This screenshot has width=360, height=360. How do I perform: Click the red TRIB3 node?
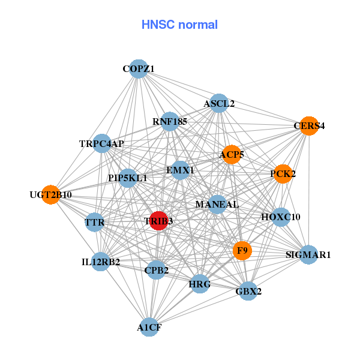pos(158,221)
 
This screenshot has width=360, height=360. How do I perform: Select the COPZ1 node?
pos(139,69)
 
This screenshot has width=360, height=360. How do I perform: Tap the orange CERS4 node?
pos(308,126)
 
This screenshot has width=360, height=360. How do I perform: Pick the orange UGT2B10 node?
pos(51,195)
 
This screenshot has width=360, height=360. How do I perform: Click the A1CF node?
pos(149,327)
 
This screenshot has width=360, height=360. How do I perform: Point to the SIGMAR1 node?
pos(308,255)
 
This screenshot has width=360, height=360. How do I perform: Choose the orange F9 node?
pos(242,250)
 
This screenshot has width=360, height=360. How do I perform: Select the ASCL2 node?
pos(219,103)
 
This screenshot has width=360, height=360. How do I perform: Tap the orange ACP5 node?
pos(232,155)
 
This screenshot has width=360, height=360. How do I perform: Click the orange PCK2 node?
pos(283,174)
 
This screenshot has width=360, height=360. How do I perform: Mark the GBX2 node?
pos(248,292)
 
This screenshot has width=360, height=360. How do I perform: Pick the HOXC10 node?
pos(281,217)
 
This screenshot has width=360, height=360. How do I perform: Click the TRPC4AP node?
pos(102,143)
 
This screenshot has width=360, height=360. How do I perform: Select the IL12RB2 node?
pos(101,262)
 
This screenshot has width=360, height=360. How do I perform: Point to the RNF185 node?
pos(170,122)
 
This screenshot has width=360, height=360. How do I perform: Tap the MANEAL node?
pos(217,205)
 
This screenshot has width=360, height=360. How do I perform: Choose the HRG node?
pos(199,283)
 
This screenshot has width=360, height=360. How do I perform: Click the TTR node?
pos(95,223)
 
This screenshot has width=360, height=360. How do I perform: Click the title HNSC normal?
pos(179,25)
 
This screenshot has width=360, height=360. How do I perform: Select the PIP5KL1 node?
pos(127,178)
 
